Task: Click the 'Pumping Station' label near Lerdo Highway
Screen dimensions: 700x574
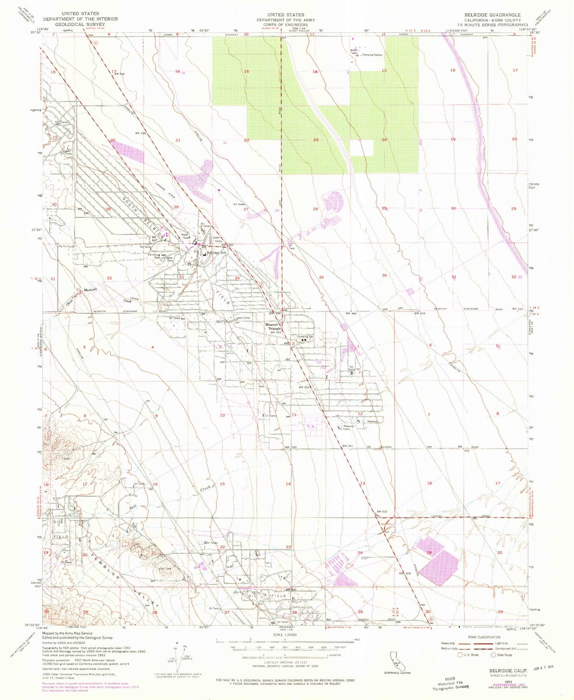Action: tap(372, 55)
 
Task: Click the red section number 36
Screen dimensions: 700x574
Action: tap(384, 275)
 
